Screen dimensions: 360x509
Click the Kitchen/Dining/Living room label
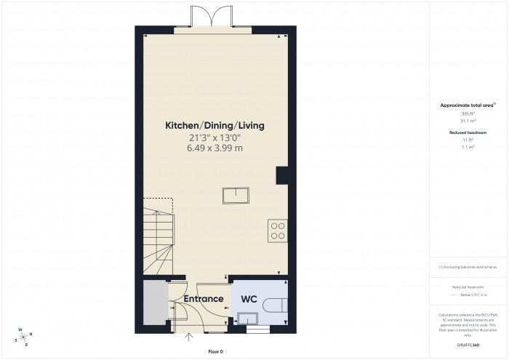point(215,126)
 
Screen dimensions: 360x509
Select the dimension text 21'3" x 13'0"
point(215,137)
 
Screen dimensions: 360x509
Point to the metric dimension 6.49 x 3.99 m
point(215,148)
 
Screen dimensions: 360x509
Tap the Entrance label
point(203,299)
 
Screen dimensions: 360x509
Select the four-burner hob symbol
point(278,230)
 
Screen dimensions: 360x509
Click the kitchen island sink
point(236,195)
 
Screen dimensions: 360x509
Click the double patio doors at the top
point(209,17)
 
